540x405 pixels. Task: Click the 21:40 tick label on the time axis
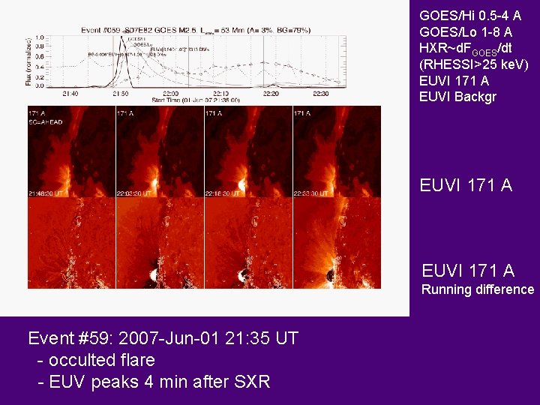click(70, 94)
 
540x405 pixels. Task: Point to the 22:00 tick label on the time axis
click(159, 94)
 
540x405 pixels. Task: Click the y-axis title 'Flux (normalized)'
click(29, 61)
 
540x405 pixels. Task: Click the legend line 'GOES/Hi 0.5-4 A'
click(470, 15)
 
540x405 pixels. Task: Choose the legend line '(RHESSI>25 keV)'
click(474, 64)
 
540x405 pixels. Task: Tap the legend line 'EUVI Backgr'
click(458, 97)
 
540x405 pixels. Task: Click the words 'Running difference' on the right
click(478, 289)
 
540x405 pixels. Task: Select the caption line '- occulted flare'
click(97, 360)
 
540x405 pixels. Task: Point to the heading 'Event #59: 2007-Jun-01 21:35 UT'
click(163, 338)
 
